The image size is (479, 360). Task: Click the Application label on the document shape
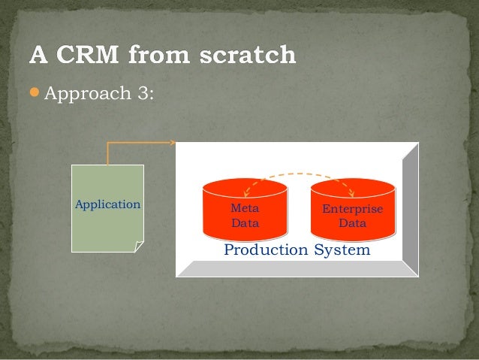tap(107, 204)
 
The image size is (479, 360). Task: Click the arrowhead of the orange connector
tap(172, 142)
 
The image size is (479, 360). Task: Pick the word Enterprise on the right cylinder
tap(352, 209)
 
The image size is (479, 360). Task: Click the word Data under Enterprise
tap(352, 223)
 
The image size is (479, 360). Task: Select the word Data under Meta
tap(244, 223)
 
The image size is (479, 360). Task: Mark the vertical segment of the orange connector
tap(108, 153)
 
